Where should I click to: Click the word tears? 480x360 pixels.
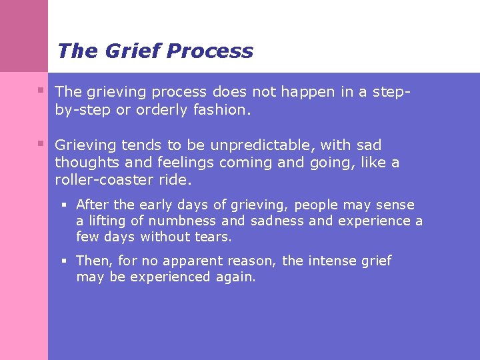tap(212, 237)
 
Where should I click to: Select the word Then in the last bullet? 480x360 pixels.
tap(93, 261)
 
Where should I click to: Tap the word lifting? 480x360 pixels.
tap(110, 221)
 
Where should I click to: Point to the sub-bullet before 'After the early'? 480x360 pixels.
tap(66, 205)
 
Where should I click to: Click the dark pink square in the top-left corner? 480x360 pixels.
tap(24, 35)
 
